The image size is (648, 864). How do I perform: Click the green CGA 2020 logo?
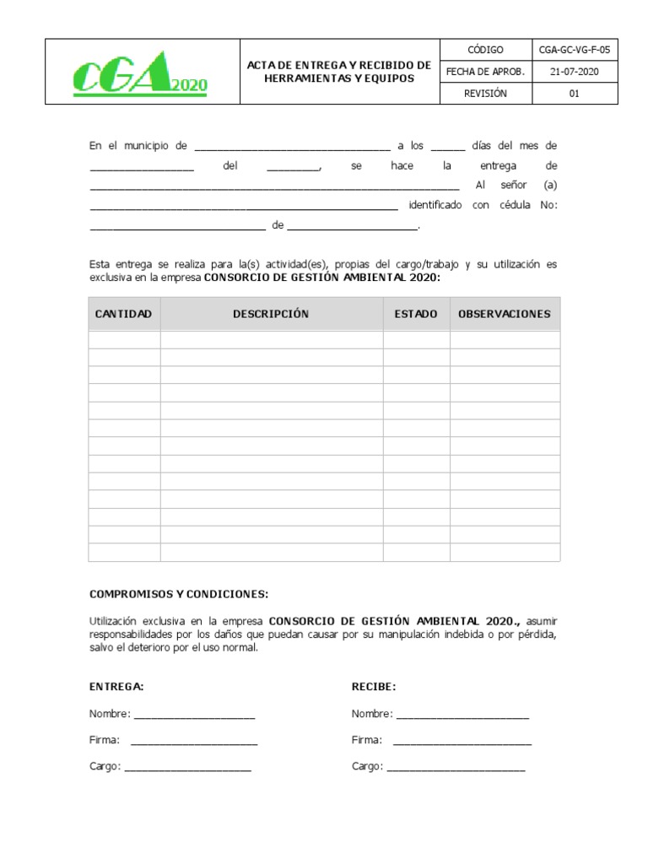[140, 73]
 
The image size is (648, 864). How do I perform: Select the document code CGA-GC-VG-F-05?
[574, 50]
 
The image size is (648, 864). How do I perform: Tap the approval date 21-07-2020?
[574, 72]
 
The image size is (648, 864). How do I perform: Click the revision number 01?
[574, 94]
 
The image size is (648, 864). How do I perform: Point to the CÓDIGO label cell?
[485, 50]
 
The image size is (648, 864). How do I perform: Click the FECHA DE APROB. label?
[485, 72]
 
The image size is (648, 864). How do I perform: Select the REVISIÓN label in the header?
[485, 94]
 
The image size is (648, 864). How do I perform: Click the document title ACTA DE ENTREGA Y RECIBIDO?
[339, 72]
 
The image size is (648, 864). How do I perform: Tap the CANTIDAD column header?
[123, 314]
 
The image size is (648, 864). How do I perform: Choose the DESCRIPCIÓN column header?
[271, 314]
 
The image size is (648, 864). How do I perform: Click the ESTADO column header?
[416, 314]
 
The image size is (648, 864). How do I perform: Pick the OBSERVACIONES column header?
[504, 314]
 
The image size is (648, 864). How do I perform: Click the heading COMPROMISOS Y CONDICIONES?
[179, 594]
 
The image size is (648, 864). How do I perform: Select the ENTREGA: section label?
[116, 687]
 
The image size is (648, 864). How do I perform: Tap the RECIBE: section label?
[374, 687]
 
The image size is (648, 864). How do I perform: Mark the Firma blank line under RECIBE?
[462, 742]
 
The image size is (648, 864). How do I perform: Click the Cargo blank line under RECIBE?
[456, 769]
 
